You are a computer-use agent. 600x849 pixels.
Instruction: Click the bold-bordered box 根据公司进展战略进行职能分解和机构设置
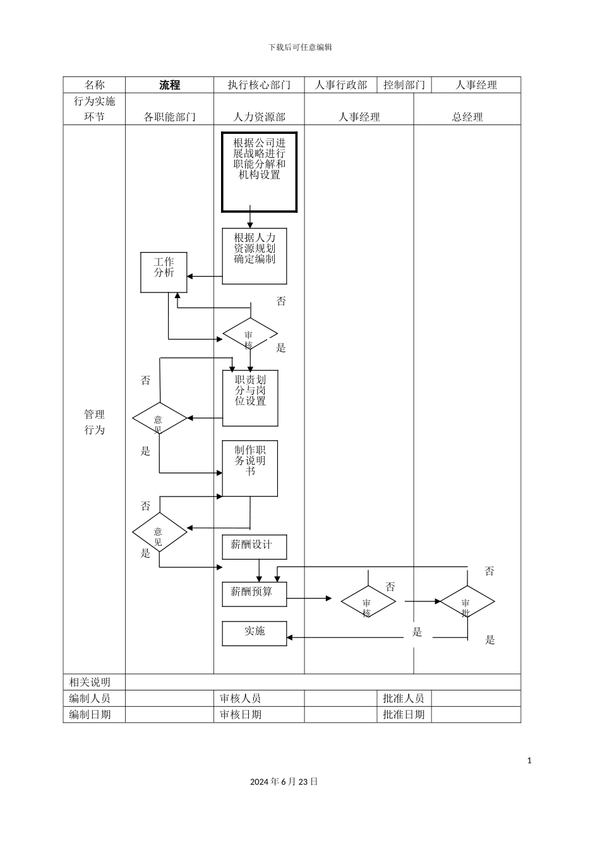pyautogui.click(x=259, y=172)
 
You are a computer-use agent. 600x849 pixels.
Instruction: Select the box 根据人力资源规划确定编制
pyautogui.click(x=255, y=256)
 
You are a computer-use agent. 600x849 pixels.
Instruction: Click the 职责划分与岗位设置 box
pyautogui.click(x=250, y=398)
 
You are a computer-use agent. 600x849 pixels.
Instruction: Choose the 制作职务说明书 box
pyautogui.click(x=250, y=468)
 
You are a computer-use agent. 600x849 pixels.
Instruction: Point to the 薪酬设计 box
pyautogui.click(x=254, y=546)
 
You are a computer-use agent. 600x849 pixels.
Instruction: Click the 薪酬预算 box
pyautogui.click(x=254, y=594)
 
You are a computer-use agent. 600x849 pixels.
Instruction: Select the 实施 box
pyautogui.click(x=254, y=633)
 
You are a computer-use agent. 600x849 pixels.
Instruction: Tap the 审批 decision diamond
pyautogui.click(x=467, y=602)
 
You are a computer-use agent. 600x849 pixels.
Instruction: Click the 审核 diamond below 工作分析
pyautogui.click(x=250, y=334)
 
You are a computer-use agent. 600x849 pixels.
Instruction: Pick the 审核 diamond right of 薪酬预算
pyautogui.click(x=368, y=602)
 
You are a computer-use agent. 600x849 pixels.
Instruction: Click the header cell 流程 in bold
pyautogui.click(x=169, y=85)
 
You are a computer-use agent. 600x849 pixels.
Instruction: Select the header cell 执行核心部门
pyautogui.click(x=259, y=85)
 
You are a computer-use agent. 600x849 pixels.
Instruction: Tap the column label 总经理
pyautogui.click(x=467, y=117)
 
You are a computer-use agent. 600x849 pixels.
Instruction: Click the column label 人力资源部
pyautogui.click(x=259, y=117)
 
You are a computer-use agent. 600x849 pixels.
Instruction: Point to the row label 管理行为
pyautogui.click(x=94, y=422)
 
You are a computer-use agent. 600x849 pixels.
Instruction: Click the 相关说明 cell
pyautogui.click(x=90, y=682)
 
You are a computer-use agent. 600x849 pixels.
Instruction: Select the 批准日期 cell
pyautogui.click(x=404, y=714)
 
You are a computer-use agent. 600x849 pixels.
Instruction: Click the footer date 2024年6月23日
pyautogui.click(x=284, y=781)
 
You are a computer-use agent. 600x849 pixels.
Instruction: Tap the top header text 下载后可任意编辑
pyautogui.click(x=300, y=47)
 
